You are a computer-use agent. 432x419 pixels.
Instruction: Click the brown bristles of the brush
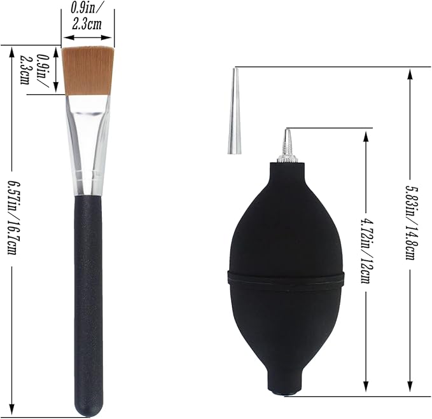[x=88, y=71]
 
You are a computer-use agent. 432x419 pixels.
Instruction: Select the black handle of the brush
[x=88, y=304]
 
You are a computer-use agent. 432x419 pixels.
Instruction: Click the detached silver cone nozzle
[x=235, y=111]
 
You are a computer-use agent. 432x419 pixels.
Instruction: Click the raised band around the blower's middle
[x=286, y=278]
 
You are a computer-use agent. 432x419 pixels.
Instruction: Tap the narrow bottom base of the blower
[x=286, y=384]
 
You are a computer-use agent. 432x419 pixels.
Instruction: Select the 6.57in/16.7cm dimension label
[x=12, y=217]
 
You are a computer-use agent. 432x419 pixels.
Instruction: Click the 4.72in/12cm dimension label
[x=366, y=251]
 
